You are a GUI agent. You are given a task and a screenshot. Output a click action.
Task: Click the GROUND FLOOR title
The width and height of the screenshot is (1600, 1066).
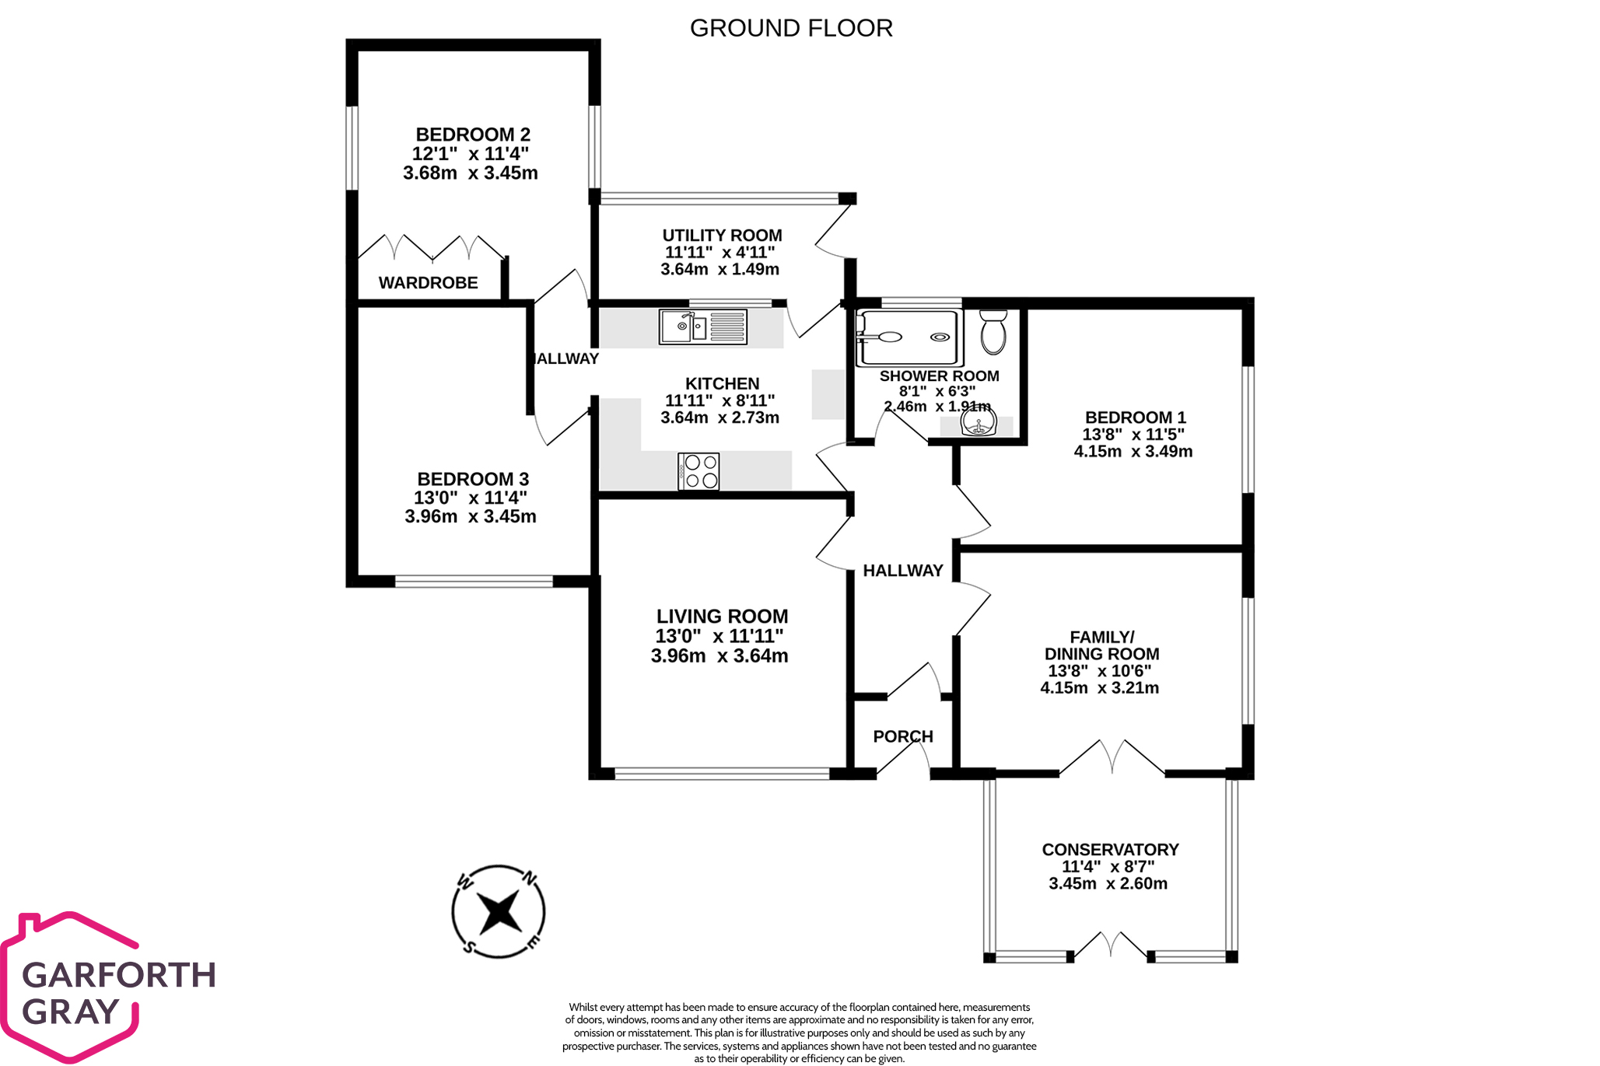[790, 29]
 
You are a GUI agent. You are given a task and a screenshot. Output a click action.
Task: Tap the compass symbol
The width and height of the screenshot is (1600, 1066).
[498, 911]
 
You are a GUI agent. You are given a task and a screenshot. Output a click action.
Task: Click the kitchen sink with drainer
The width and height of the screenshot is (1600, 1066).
[702, 327]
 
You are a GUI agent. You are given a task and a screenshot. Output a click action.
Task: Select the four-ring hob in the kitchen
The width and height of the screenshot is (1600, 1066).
[698, 471]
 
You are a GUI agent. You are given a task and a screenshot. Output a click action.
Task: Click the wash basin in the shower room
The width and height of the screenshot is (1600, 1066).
[978, 425]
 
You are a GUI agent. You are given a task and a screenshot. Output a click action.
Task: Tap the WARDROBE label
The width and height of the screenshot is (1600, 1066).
[428, 283]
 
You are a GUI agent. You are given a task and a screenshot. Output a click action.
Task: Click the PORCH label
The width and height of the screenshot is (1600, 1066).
[902, 736]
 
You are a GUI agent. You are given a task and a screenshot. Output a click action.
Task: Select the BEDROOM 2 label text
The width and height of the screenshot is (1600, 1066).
[472, 135]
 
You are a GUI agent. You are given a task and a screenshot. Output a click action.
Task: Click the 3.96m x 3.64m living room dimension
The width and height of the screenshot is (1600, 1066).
[719, 656]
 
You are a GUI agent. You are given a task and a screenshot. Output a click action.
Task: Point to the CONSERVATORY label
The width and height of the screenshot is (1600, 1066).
[1110, 850]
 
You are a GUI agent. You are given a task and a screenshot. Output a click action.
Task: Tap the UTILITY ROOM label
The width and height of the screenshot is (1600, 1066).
[722, 236]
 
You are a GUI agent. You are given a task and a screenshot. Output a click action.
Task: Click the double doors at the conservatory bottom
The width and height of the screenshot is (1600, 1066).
[1111, 945]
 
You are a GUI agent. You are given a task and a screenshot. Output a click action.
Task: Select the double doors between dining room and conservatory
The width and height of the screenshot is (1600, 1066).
[1112, 757]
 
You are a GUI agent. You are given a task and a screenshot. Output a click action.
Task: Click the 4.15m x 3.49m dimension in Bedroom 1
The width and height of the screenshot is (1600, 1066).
[1133, 452]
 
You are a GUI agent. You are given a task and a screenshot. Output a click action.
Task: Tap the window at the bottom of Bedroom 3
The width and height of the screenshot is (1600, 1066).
[474, 581]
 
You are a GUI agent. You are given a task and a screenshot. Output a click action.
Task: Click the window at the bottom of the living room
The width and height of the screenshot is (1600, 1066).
[721, 774]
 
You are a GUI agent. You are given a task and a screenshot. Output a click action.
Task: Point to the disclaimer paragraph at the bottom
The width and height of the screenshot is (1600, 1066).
[799, 1033]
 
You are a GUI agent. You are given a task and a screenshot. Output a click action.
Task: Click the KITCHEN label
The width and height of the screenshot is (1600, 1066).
[722, 383]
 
